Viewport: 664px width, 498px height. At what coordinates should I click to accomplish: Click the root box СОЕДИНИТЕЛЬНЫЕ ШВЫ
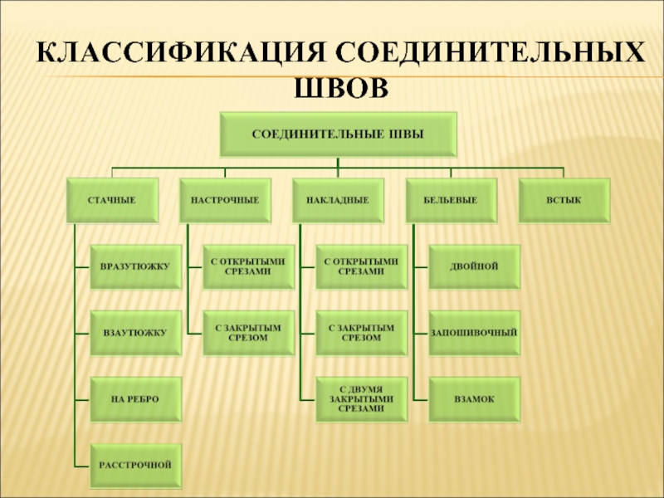[x=337, y=134]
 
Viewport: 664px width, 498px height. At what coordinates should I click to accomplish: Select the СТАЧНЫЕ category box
[x=112, y=200]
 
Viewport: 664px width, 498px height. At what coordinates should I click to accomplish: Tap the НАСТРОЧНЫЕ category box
[x=225, y=200]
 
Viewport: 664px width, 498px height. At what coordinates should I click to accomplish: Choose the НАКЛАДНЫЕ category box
[x=338, y=200]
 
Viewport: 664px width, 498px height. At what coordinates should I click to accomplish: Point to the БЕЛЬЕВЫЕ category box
[x=451, y=200]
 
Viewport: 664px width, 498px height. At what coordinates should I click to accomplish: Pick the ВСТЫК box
[x=564, y=200]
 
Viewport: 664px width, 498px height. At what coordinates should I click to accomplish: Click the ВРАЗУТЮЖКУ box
[x=135, y=266]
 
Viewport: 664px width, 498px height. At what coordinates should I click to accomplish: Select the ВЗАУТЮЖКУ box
[x=135, y=333]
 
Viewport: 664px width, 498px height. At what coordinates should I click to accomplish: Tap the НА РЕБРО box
[x=135, y=399]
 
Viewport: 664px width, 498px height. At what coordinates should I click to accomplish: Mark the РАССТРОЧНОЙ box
[x=135, y=465]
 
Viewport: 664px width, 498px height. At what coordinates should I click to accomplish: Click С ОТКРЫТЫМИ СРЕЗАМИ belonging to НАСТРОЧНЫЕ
[x=248, y=266]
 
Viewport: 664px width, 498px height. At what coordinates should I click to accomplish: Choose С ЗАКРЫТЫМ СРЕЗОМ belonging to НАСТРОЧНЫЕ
[x=248, y=333]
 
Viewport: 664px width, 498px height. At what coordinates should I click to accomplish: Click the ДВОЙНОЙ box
[x=474, y=266]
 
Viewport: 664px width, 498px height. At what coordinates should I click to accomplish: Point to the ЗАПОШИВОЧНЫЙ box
[x=474, y=333]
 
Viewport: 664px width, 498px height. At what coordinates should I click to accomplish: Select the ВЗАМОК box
[x=474, y=399]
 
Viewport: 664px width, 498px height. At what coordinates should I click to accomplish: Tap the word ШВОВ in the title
[x=342, y=85]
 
